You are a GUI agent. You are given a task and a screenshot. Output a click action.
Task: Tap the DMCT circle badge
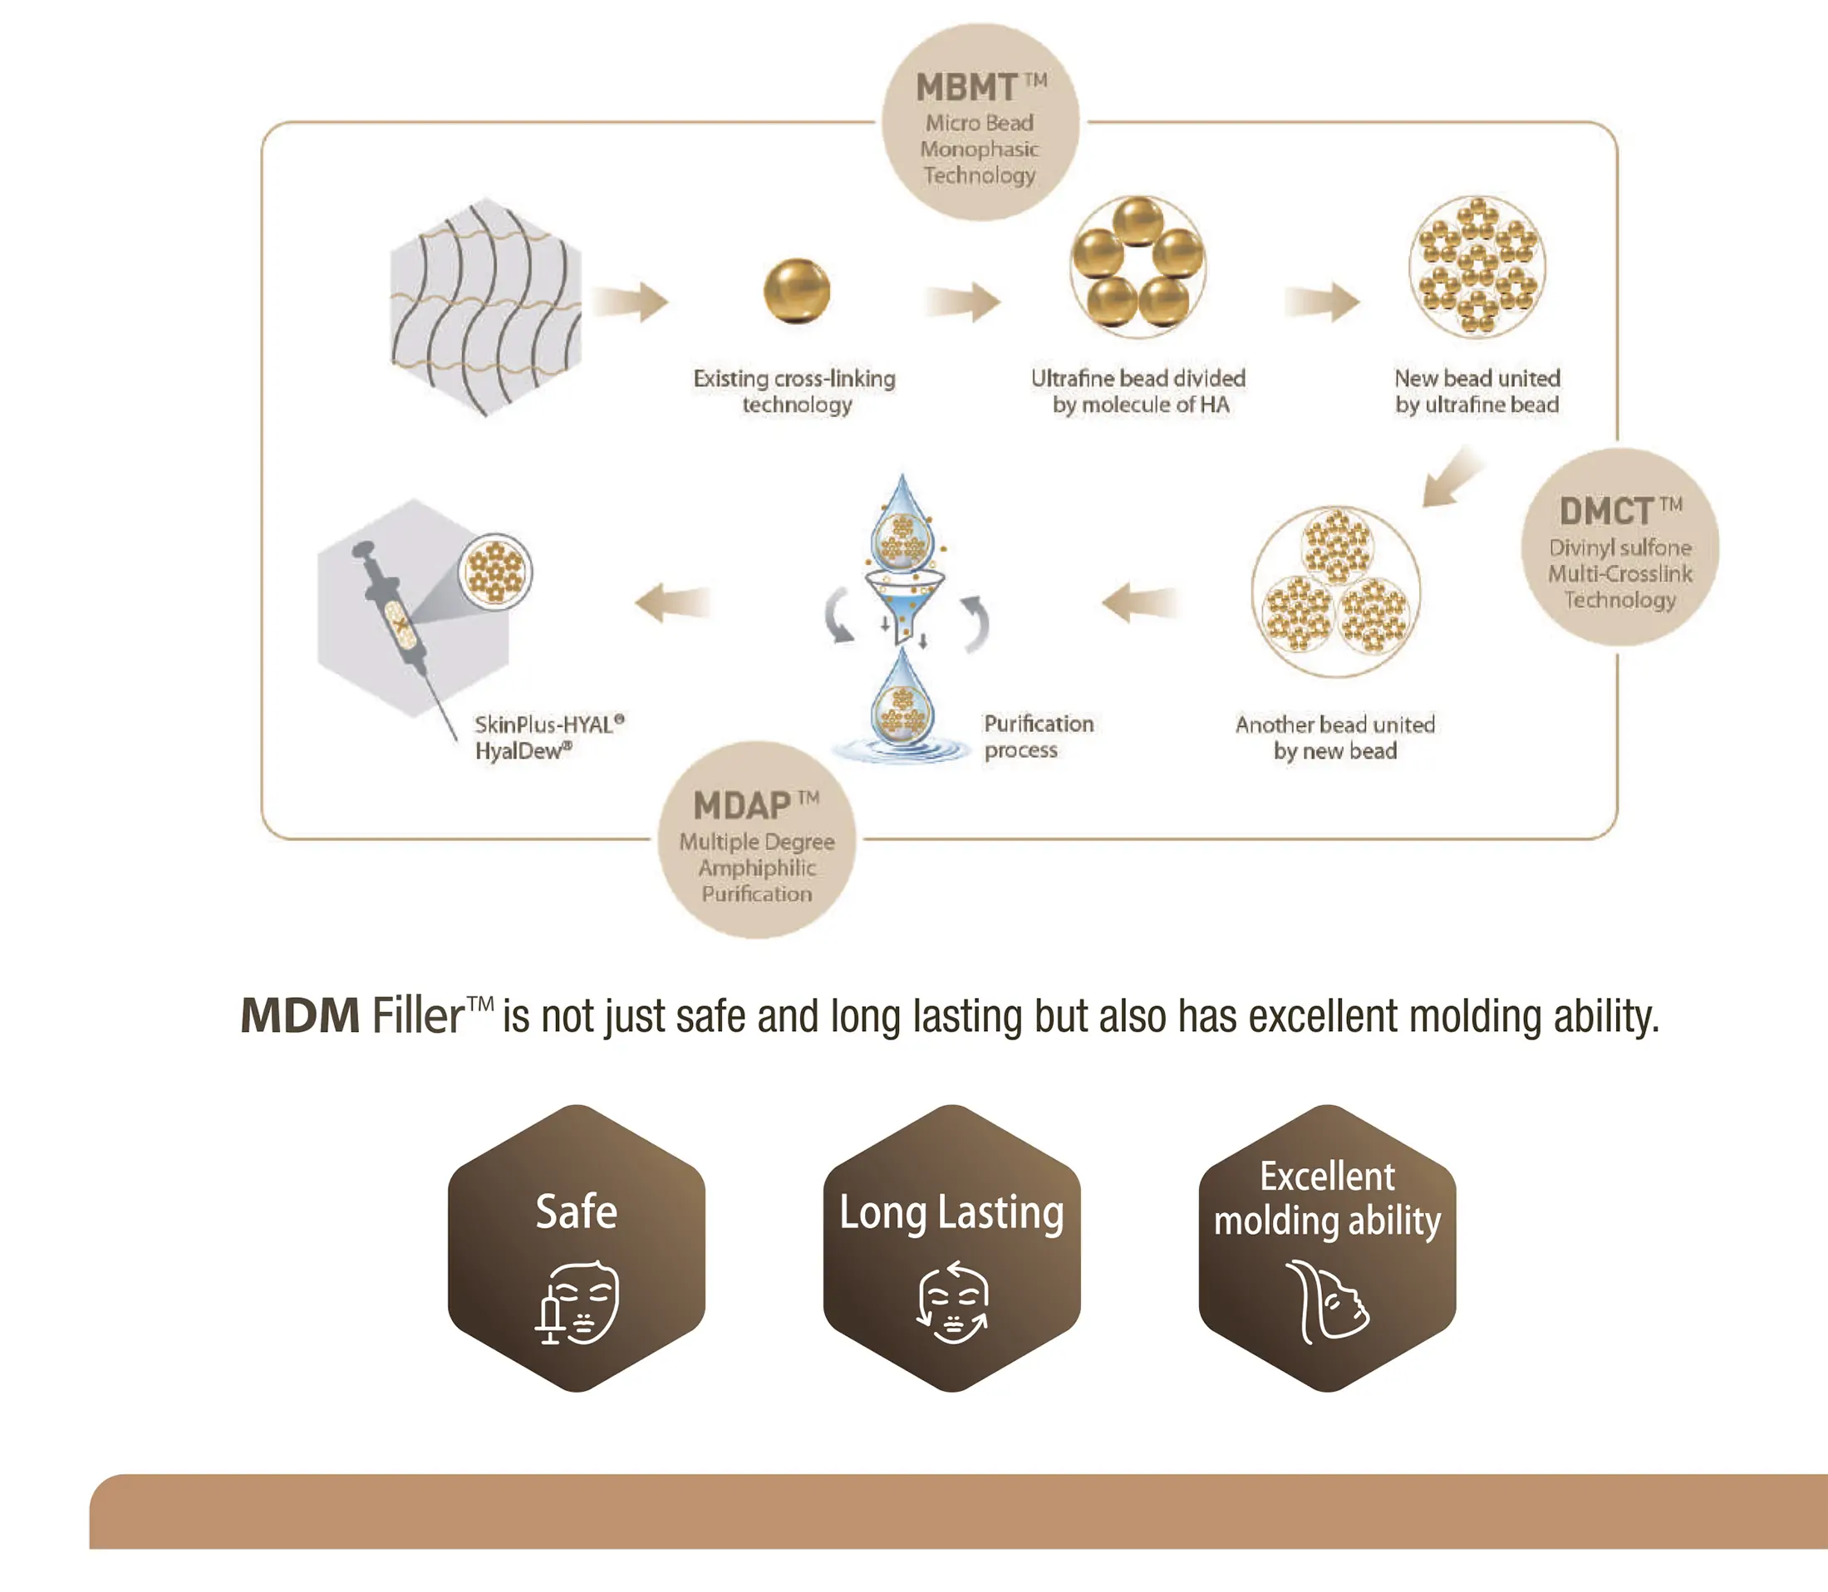1619,548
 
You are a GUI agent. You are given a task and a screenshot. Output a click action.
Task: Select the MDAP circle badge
757,839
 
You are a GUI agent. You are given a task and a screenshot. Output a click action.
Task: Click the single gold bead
797,291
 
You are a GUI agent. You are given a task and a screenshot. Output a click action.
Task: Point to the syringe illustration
396,613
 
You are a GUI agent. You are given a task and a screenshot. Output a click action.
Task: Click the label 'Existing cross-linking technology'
795,391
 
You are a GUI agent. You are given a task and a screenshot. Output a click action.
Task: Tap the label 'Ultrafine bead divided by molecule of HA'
1138,391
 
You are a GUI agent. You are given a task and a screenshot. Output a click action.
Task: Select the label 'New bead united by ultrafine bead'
1477,391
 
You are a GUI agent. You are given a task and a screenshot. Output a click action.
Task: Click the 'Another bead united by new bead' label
1335,737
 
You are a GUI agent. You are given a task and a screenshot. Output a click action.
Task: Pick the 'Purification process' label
1039,736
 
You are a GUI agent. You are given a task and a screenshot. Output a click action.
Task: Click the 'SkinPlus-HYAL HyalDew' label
549,737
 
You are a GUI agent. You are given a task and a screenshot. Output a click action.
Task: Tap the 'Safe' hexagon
577,1248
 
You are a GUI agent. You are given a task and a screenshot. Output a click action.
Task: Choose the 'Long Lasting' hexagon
951,1248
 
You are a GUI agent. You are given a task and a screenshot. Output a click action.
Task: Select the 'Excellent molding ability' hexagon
1327,1248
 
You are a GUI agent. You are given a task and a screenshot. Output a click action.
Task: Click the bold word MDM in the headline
300,1015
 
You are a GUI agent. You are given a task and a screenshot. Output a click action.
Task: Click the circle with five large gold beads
1138,267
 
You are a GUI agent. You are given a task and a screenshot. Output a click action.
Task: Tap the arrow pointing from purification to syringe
673,602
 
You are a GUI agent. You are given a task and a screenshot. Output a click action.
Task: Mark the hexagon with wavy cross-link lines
486,307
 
